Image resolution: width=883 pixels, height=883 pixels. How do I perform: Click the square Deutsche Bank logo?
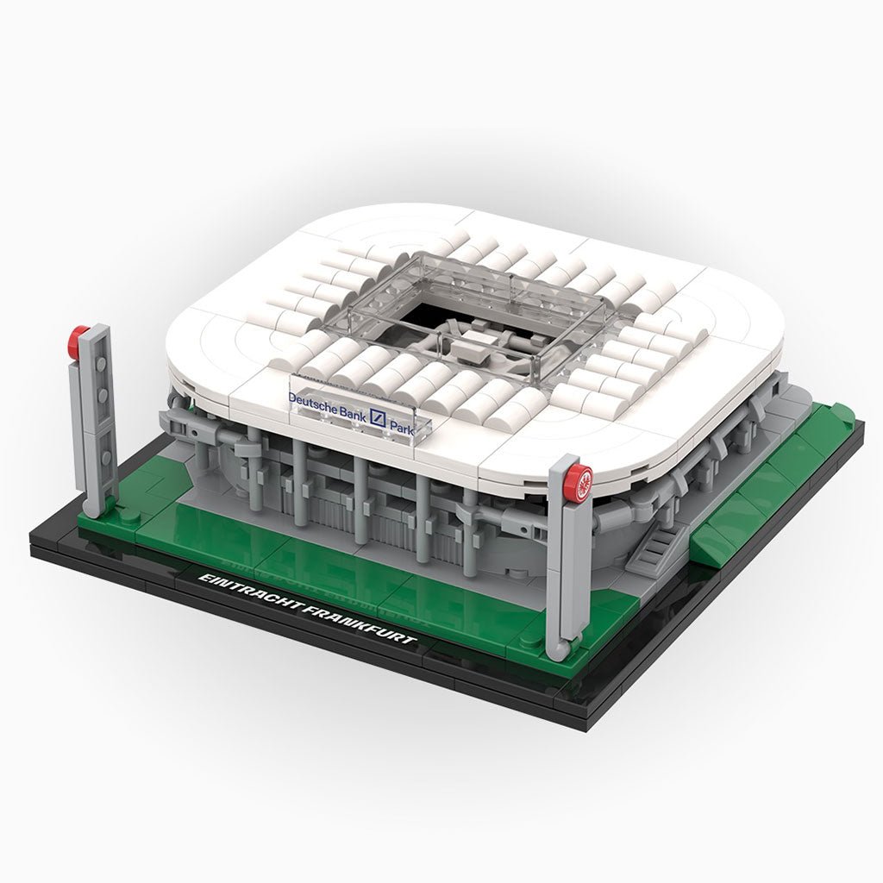click(378, 418)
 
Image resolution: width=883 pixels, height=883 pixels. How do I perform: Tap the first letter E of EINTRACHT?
click(203, 579)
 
